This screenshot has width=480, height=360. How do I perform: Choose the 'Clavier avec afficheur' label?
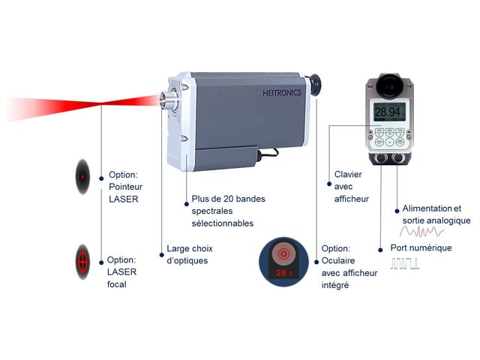coord(348,186)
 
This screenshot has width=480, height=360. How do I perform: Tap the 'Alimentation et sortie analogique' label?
coord(436,214)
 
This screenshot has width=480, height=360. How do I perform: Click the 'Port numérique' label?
coord(421,247)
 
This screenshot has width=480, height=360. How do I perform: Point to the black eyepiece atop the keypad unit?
coord(388,85)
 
